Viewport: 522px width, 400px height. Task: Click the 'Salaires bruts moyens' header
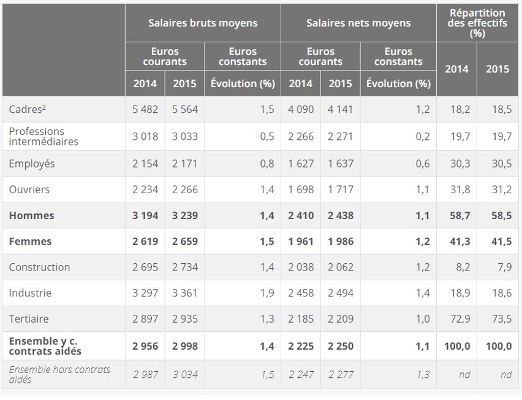pos(203,23)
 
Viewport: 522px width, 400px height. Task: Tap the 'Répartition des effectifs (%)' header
pos(477,23)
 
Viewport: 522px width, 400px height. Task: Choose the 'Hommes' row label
pos(31,215)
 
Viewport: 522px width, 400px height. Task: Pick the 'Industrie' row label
pos(29,293)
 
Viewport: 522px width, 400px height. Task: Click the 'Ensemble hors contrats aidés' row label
pos(59,374)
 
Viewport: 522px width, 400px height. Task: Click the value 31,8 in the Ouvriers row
pos(456,190)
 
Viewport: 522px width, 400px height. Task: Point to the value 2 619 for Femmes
pos(145,241)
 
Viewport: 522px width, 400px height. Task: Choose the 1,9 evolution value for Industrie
pos(267,293)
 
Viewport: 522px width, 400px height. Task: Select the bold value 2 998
pos(184,346)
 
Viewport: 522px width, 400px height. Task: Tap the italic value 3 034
pos(184,374)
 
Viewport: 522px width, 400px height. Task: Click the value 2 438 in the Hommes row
pos(340,215)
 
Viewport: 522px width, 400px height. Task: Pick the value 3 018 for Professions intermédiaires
pos(145,136)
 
